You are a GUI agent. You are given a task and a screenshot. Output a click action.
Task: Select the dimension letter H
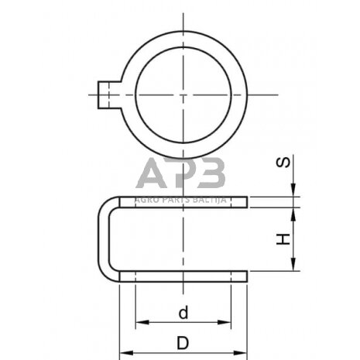click(285, 241)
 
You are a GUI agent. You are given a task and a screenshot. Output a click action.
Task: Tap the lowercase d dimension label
click(183, 314)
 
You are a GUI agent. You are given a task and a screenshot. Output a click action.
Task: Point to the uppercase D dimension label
click(183, 342)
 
